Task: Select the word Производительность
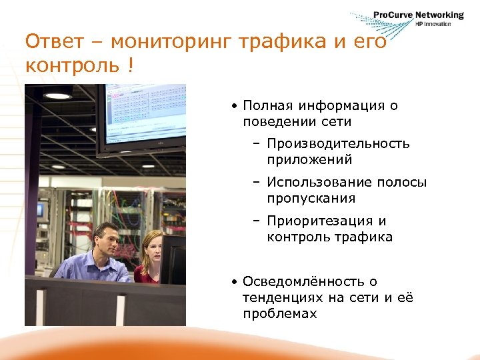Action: point(338,143)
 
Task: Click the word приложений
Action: point(309,159)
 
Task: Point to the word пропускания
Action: point(311,198)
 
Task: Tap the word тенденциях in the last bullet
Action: point(283,297)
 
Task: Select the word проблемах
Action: point(280,313)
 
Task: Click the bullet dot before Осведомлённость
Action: point(236,282)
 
